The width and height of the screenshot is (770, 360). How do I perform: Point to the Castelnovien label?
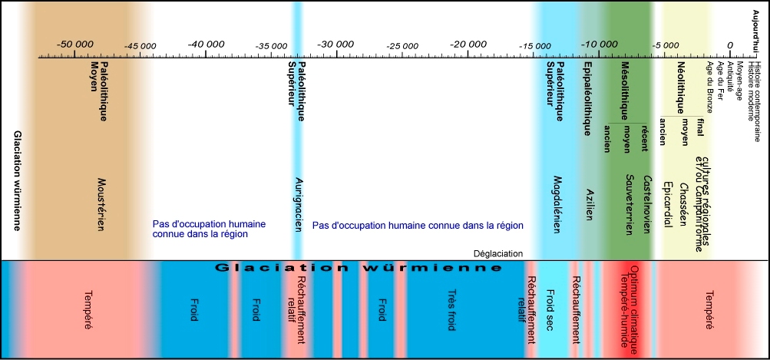(x=646, y=203)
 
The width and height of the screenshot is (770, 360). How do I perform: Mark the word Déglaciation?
(x=497, y=253)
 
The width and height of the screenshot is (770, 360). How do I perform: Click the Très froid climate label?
(x=451, y=306)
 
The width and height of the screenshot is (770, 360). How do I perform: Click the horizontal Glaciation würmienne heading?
(x=359, y=268)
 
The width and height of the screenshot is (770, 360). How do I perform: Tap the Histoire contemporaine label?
(x=758, y=93)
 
